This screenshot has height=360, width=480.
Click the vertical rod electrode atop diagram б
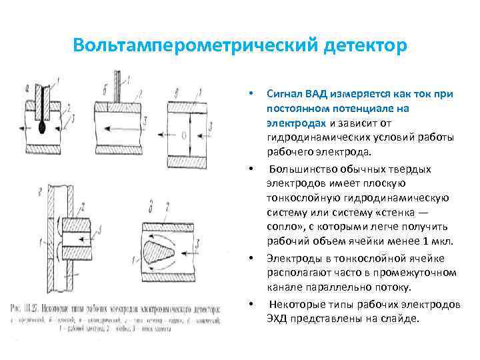tap(117, 84)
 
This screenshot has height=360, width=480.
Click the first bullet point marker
tap(250, 94)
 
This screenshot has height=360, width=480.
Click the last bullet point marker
tap(250, 304)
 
